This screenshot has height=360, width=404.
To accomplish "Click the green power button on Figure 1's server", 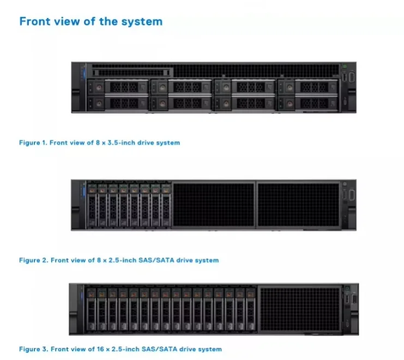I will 345,67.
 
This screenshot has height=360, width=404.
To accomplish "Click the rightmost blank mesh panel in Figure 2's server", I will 298,205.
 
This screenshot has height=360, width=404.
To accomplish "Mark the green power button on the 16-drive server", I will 347,287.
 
